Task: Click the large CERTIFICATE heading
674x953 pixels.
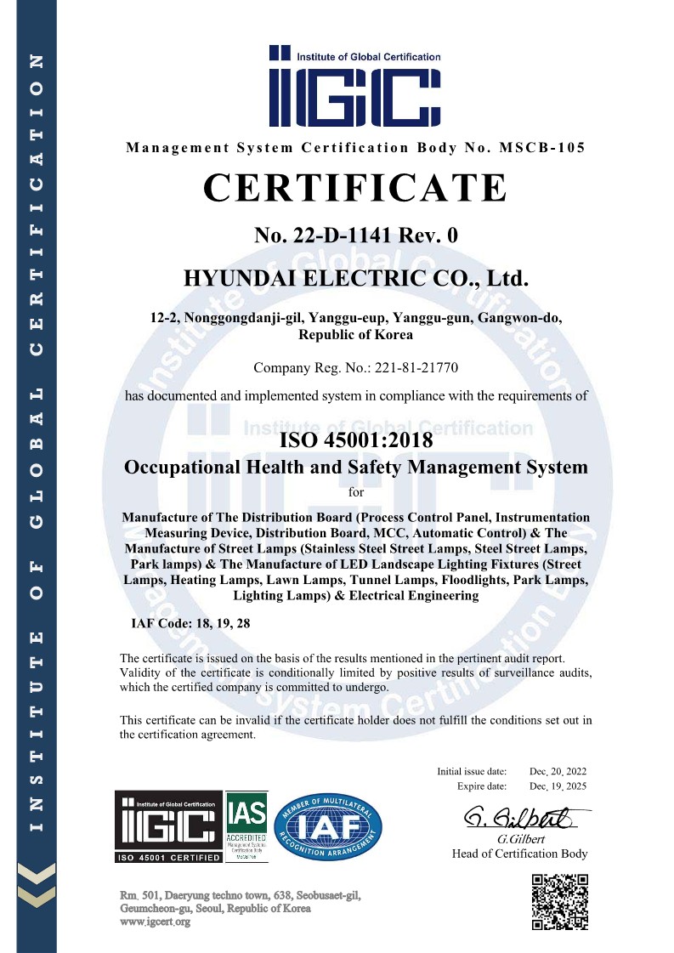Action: [354, 188]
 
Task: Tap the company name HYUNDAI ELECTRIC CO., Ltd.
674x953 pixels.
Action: [356, 278]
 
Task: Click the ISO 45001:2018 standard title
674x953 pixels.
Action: [356, 440]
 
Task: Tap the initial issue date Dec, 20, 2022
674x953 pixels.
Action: [558, 771]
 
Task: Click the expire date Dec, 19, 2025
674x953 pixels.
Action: [558, 786]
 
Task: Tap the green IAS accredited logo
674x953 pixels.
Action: [246, 825]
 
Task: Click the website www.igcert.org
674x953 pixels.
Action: [156, 922]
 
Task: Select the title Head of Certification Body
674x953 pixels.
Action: [519, 854]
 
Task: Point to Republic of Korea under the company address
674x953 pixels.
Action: [355, 335]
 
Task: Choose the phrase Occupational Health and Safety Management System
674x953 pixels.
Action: [356, 467]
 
